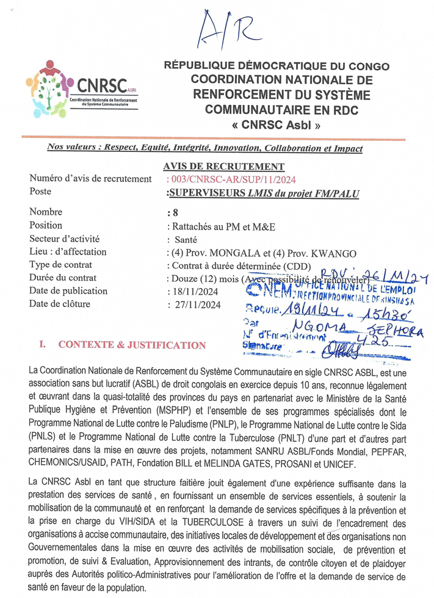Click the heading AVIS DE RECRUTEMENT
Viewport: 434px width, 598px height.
pos(224,166)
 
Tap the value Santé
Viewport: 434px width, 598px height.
pos(186,239)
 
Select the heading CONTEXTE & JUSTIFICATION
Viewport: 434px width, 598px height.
pos(131,345)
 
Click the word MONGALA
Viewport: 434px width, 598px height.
pos(228,252)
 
